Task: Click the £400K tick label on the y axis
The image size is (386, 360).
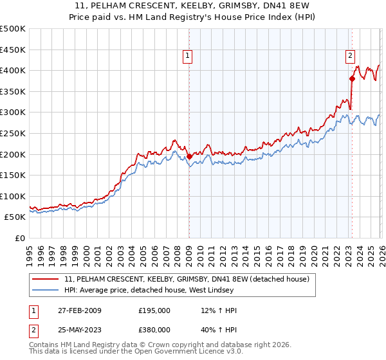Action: point(12,70)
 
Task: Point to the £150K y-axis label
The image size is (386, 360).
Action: point(12,175)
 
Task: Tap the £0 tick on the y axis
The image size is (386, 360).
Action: point(20,238)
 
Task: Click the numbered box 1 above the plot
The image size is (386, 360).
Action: point(188,57)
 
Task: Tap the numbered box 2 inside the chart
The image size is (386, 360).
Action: point(351,57)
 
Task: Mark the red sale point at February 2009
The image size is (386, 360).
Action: point(189,156)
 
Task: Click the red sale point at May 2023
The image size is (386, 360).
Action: point(352,78)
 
